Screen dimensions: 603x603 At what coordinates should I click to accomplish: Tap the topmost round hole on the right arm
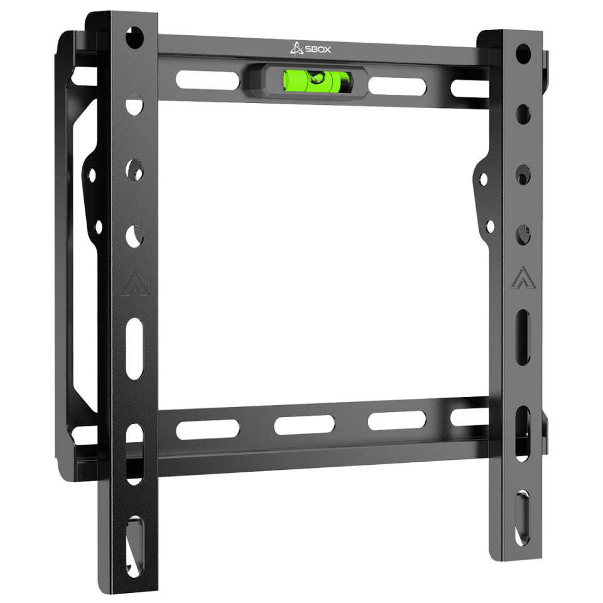point(523,54)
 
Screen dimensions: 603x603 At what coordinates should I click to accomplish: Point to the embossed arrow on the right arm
point(520,277)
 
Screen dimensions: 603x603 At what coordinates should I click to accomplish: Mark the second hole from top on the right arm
point(523,114)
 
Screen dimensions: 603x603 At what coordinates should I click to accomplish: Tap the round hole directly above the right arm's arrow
point(522,236)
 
